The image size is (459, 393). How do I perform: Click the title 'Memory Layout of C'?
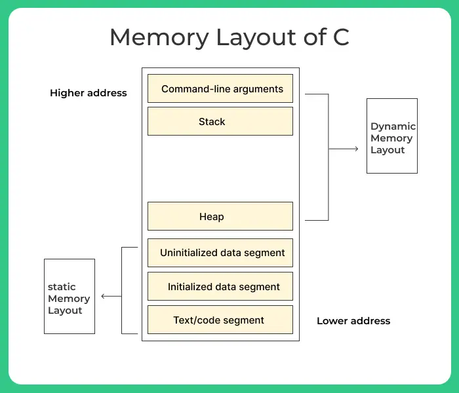229,37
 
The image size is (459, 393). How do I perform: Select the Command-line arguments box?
220,88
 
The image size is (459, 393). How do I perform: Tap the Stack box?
220,121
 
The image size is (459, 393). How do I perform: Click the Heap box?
220,216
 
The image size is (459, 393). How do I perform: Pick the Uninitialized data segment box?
220,253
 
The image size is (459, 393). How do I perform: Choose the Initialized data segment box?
220,286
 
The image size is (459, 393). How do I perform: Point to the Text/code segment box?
220,320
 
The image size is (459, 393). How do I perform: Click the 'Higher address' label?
89,93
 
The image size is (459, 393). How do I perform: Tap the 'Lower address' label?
353,321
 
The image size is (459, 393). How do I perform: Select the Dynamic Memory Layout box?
392,136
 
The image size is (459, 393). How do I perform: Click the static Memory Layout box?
70,296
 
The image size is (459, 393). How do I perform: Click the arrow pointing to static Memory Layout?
111,296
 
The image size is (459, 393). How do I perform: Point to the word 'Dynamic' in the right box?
393,126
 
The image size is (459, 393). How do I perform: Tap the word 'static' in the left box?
62,287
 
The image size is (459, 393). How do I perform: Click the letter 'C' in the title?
340,37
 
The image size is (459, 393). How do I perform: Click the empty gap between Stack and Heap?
220,168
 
